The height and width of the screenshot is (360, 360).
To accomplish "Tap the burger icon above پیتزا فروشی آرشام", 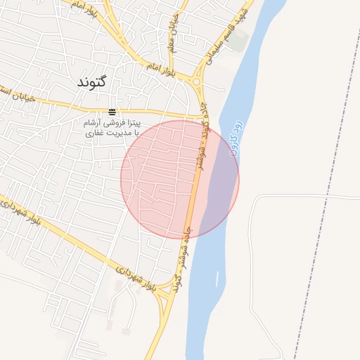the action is (112, 112).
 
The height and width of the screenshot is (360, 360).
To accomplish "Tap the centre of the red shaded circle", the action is (180, 179).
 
